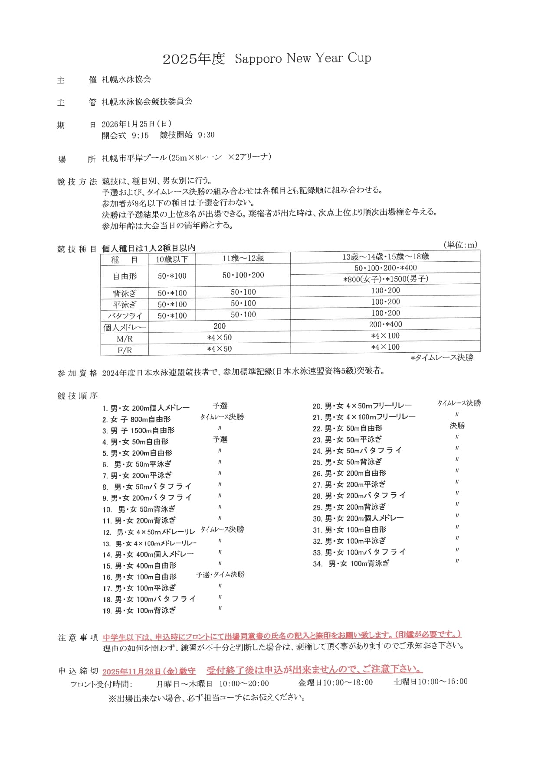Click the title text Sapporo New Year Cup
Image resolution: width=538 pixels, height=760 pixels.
coord(302,58)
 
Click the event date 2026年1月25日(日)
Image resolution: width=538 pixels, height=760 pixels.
coord(136,124)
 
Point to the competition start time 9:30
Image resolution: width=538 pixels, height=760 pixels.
coord(206,135)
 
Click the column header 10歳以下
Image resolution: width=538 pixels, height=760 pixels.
coord(172,259)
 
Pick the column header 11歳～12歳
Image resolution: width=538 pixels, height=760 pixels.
coord(243,258)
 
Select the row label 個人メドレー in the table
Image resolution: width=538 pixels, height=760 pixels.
coord(125,327)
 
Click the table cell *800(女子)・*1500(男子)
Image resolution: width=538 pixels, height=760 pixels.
coord(385,279)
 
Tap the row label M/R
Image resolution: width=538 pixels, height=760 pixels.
coord(125,339)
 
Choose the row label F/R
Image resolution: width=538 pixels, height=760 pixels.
coord(125,350)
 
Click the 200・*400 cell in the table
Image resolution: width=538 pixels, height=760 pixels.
coord(385,325)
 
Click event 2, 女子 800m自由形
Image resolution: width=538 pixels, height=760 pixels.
coord(137,419)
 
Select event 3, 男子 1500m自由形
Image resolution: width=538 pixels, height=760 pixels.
coord(138,431)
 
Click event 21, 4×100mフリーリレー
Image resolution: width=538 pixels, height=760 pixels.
coord(364,417)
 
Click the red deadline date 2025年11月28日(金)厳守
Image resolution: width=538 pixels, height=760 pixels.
coord(149,672)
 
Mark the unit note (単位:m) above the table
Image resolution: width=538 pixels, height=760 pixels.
coord(460,245)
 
